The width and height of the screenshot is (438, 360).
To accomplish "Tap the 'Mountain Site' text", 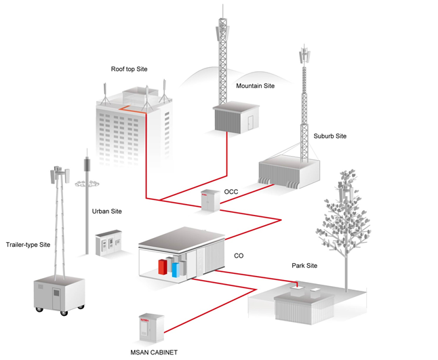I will [255, 86].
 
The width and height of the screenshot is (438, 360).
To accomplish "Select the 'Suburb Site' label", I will [330, 136].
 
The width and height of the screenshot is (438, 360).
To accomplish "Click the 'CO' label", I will [239, 256].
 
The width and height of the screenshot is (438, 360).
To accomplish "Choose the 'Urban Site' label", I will [106, 212].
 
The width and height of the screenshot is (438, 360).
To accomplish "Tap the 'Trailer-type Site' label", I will [28, 244].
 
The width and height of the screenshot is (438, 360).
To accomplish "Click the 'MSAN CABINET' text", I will [153, 352].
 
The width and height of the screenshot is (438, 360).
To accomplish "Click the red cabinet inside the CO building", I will [163, 264].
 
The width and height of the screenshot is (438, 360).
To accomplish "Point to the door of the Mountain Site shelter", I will [250, 122].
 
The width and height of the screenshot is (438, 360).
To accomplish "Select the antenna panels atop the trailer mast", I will [59, 174].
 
